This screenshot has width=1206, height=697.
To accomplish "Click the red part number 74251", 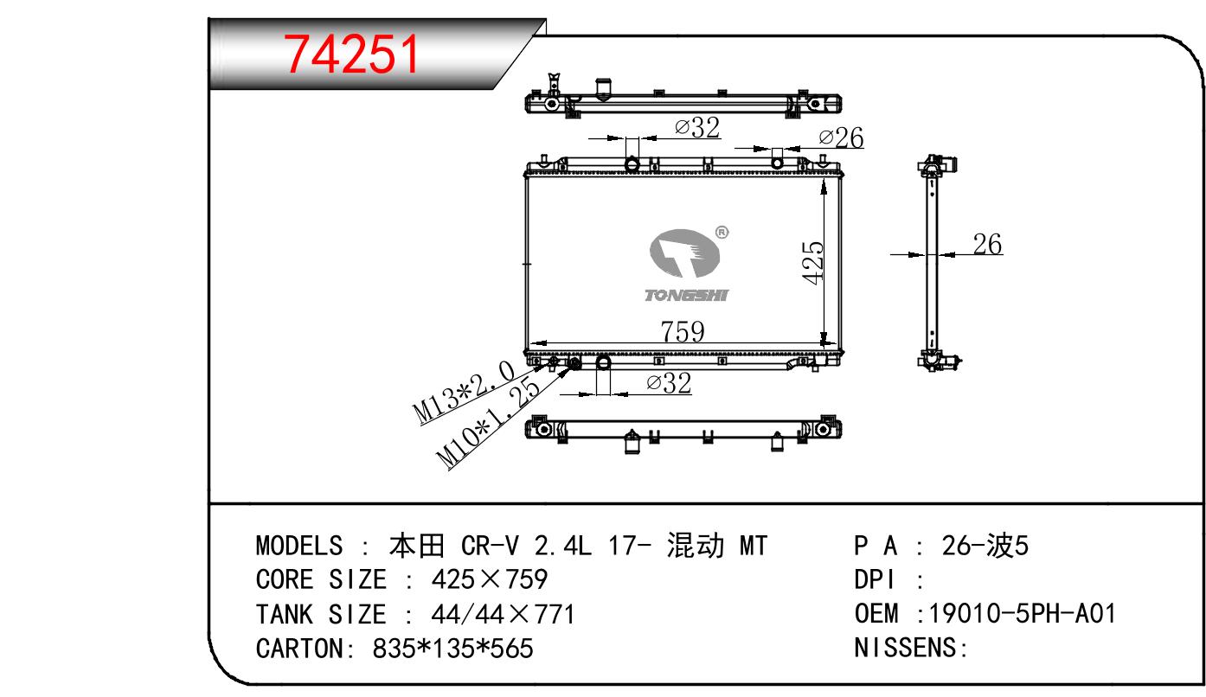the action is tap(351, 54).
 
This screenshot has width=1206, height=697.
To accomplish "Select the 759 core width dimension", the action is tap(682, 331).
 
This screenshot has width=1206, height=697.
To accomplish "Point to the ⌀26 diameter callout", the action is tap(841, 137).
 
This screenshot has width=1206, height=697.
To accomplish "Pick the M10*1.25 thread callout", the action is tap(488, 422).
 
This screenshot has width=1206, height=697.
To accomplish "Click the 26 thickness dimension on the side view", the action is tap(987, 244).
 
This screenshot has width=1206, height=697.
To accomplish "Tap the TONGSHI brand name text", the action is tap(686, 295).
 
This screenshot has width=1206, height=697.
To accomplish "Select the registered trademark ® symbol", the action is tap(722, 233).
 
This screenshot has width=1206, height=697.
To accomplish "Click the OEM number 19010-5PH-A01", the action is tap(1023, 614).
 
